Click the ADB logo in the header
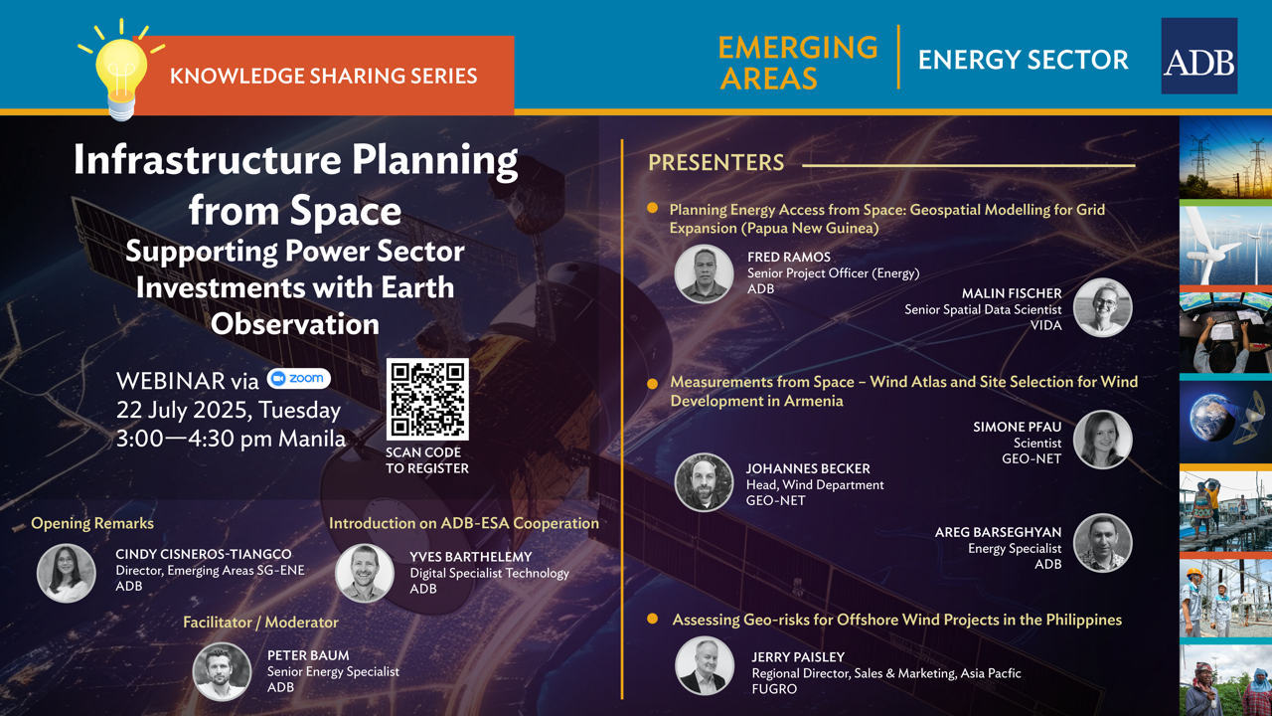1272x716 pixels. click(x=1198, y=56)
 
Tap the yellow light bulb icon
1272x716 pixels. click(x=121, y=71)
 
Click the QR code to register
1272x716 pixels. click(x=427, y=399)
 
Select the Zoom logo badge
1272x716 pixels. click(x=299, y=379)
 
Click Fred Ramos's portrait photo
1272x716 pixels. click(x=704, y=273)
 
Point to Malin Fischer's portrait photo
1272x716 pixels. click(x=1103, y=307)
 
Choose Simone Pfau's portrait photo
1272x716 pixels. click(x=1103, y=440)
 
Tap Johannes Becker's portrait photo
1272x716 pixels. click(x=704, y=482)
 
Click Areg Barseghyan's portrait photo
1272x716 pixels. click(x=1103, y=543)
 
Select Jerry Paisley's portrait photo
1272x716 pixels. click(x=705, y=665)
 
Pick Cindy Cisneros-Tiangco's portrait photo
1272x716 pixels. click(x=66, y=574)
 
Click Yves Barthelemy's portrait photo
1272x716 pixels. click(x=365, y=574)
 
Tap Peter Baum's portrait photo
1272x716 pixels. click(x=222, y=671)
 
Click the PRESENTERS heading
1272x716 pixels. click(x=716, y=163)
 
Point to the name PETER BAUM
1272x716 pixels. click(x=308, y=655)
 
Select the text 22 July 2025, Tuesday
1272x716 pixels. click(x=229, y=411)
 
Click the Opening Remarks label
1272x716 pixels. click(x=92, y=523)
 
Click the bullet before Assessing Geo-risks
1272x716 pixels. click(x=653, y=619)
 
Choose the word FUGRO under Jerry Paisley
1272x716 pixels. click(x=774, y=689)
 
